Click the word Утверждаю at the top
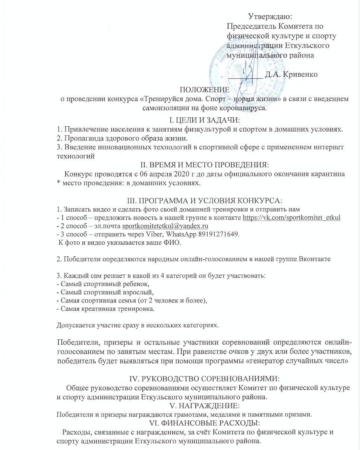coord(270,16)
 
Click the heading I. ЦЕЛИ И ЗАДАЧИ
coord(203,120)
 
